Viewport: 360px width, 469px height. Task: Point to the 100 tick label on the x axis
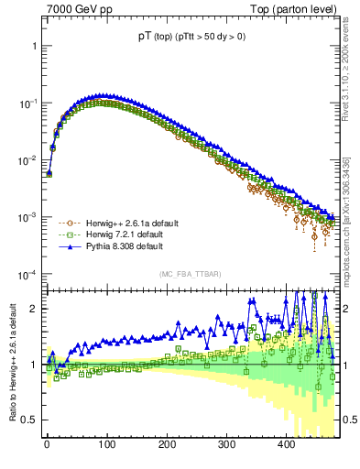[x=106, y=445]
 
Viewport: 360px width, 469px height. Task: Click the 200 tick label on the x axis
[x=166, y=445]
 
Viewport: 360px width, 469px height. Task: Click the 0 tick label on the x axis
[x=47, y=445]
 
